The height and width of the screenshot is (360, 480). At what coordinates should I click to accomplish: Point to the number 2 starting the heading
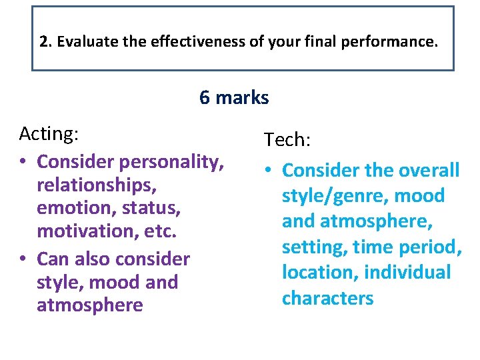point(44,42)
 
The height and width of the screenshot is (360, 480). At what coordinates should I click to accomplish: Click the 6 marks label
point(234,98)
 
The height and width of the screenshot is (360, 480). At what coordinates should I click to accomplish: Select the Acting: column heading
point(49,134)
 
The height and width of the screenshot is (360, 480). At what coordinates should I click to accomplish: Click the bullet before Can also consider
point(24,258)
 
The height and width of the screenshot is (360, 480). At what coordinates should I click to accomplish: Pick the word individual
point(408,273)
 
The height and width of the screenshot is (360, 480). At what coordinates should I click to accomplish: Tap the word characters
point(328,298)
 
